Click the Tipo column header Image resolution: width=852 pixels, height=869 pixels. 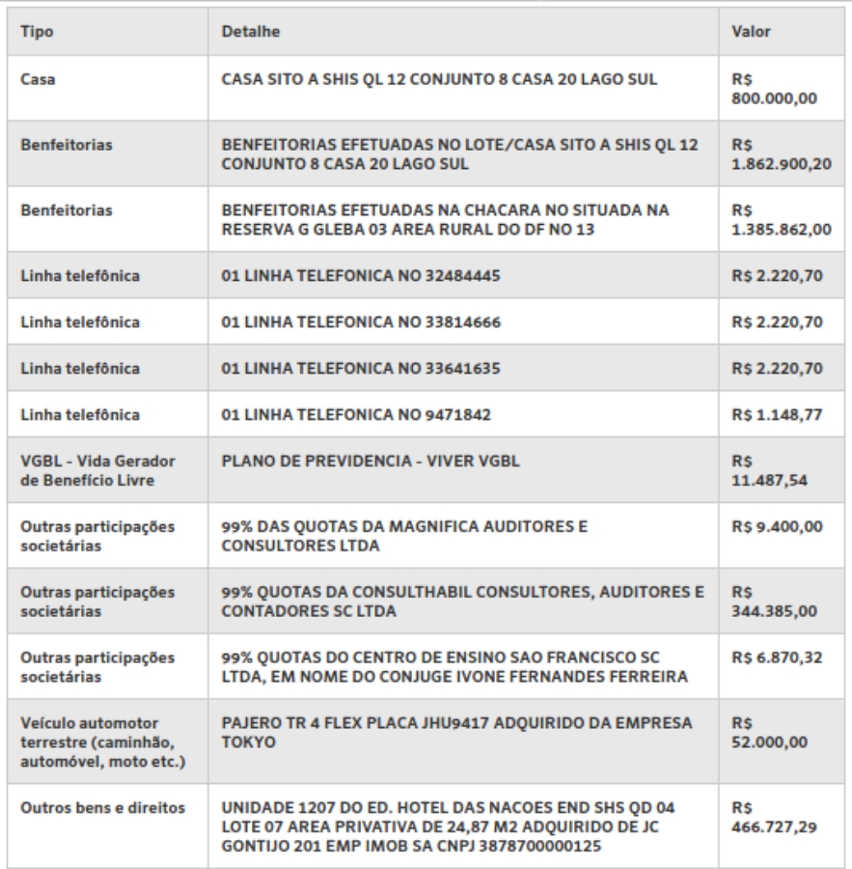click(38, 32)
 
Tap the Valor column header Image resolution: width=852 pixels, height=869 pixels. click(752, 32)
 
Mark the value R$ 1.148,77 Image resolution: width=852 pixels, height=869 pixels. click(778, 415)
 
